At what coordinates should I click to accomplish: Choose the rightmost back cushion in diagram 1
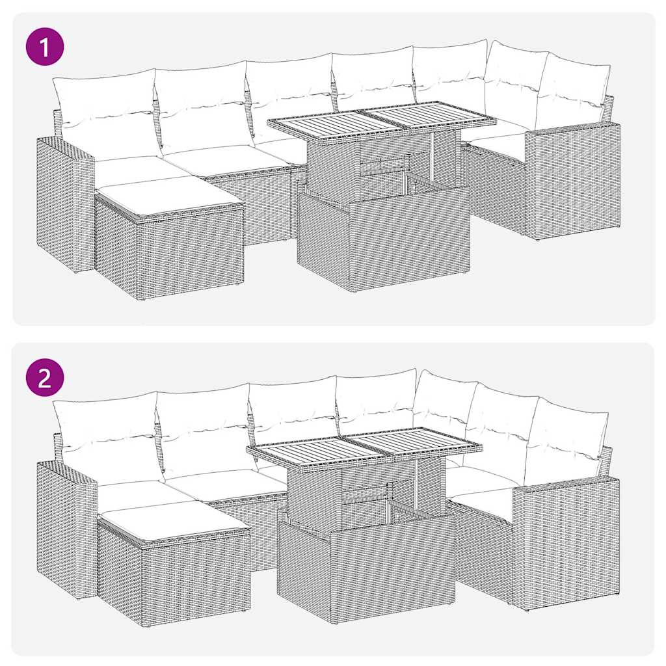[574, 94]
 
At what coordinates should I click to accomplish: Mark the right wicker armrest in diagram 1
[572, 182]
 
